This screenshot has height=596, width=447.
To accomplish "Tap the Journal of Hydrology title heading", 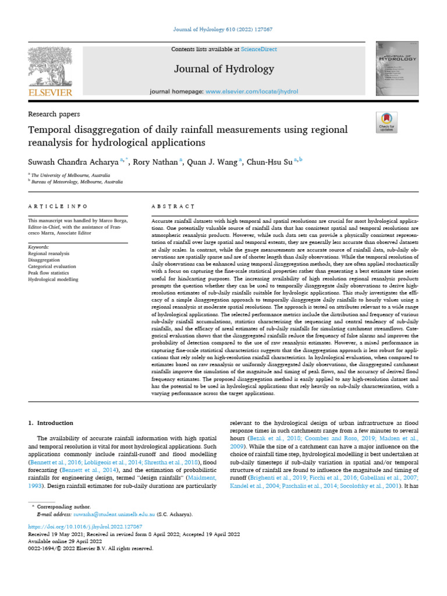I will coord(223,69).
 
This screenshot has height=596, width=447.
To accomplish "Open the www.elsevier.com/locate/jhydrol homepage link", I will coord(248,92).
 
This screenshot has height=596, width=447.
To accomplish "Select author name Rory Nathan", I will coord(157,162).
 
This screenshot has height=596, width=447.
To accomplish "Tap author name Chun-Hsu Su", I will coord(269,162).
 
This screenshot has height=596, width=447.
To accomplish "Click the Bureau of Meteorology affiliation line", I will coord(77,182).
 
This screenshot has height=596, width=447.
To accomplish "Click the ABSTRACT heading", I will coord(172,207).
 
